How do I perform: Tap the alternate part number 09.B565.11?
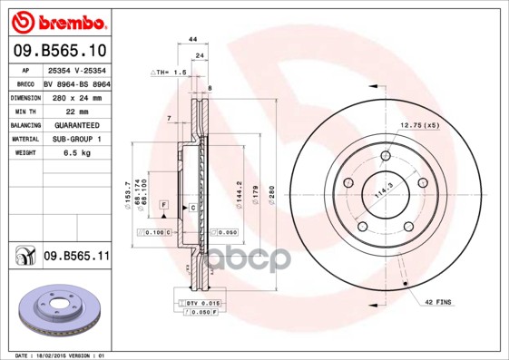(76, 257)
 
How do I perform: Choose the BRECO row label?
(25, 83)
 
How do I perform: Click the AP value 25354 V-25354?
(76, 69)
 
